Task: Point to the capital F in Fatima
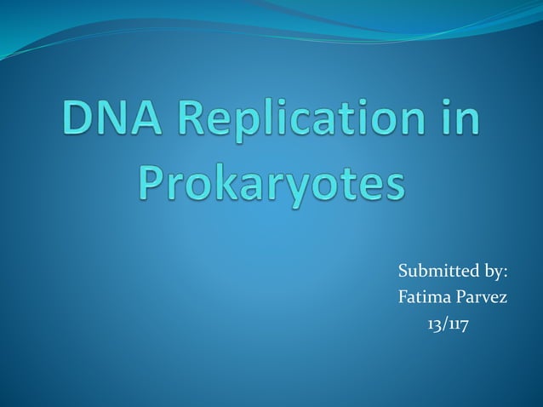[x=403, y=299]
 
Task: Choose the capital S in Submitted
[x=403, y=272]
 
